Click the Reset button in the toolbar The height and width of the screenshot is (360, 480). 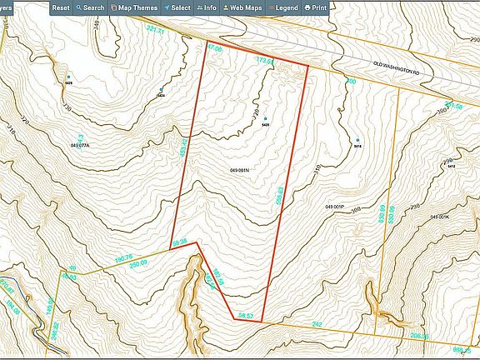click(x=61, y=7)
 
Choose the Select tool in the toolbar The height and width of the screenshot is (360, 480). click(x=177, y=7)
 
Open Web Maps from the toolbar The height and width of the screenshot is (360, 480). click(x=242, y=7)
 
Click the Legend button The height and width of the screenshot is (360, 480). click(x=283, y=7)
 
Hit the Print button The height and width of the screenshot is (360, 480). click(x=315, y=7)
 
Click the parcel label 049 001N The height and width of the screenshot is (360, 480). click(x=240, y=170)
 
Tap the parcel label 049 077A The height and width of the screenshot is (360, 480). click(x=80, y=145)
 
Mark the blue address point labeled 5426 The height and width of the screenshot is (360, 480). click(x=265, y=118)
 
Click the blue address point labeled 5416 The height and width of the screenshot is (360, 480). click(x=357, y=140)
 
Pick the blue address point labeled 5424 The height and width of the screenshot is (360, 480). click(x=161, y=90)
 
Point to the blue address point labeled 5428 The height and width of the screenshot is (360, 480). click(x=68, y=77)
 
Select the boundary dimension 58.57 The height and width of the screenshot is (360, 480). click(x=245, y=316)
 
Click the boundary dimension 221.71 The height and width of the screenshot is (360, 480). click(x=156, y=29)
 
